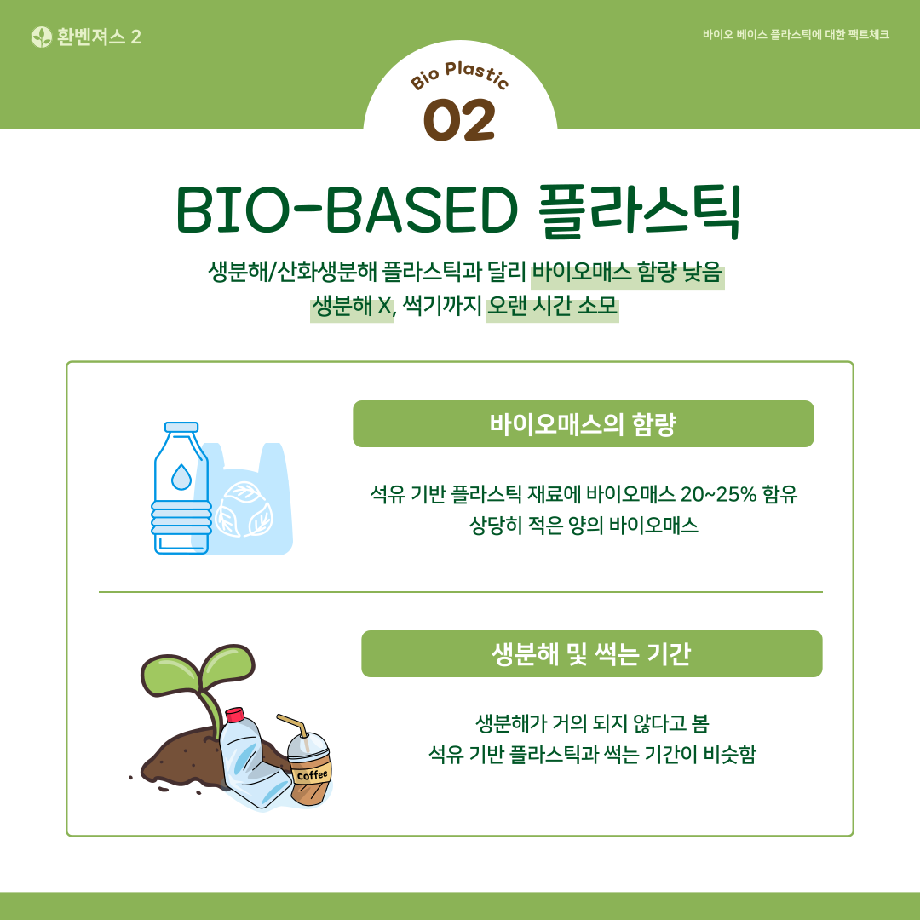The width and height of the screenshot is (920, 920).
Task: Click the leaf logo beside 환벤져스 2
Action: pos(41,37)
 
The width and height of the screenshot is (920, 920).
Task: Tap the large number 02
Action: pos(459,120)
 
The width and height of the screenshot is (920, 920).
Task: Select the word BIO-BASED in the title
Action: pos(347,210)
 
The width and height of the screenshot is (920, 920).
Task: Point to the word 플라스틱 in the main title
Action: pos(640,210)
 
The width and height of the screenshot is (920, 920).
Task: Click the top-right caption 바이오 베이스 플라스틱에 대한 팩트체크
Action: pos(796,36)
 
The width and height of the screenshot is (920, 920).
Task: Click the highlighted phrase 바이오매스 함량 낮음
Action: pos(628,273)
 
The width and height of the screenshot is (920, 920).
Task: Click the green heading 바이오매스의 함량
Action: pos(583,424)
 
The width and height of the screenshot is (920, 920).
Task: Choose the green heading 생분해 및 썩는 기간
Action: pos(591,654)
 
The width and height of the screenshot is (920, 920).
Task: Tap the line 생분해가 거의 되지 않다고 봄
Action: pos(591,724)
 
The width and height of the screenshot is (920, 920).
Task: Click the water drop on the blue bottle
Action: pos(181,476)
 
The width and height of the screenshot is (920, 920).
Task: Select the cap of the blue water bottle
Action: pos(181,427)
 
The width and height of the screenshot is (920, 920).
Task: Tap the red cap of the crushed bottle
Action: pos(234,715)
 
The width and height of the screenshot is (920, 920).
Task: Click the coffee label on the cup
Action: pos(312,774)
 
